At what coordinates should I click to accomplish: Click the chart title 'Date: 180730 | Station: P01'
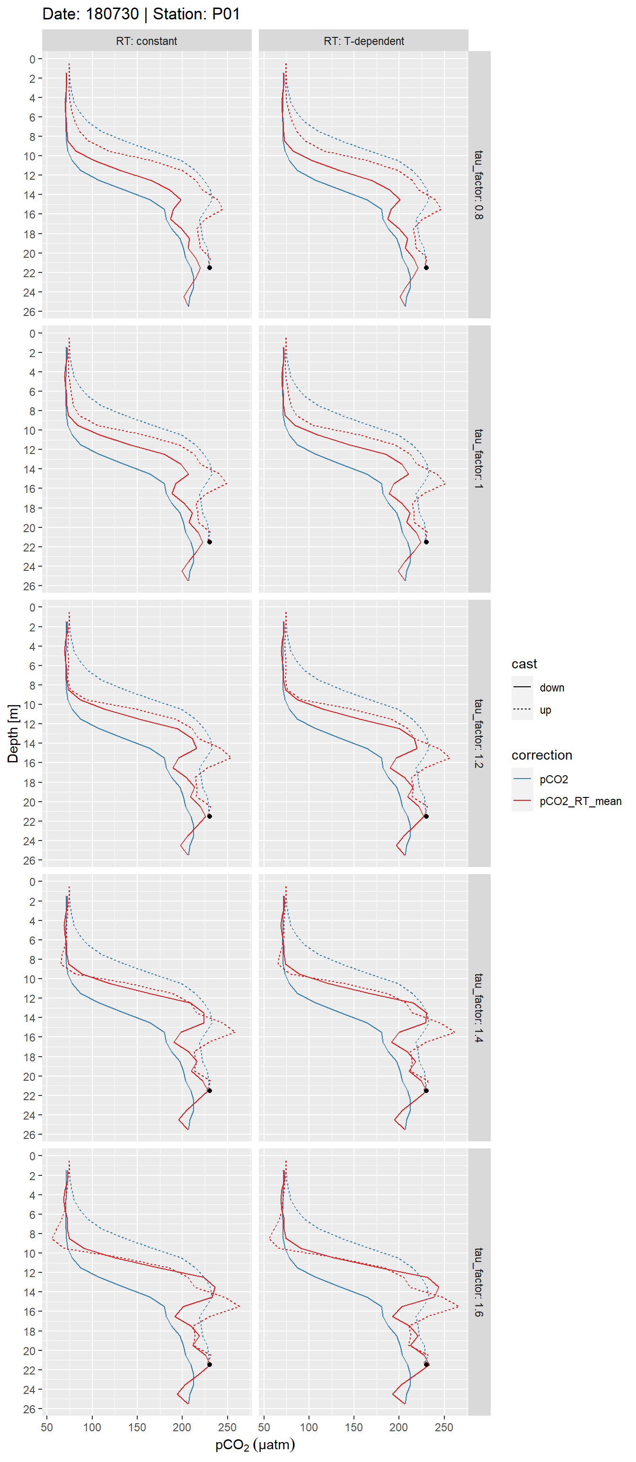pos(141,14)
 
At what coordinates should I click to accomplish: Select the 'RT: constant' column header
pos(147,41)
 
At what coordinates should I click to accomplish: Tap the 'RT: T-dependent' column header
pos(363,41)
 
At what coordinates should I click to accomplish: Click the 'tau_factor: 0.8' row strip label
pos(479,185)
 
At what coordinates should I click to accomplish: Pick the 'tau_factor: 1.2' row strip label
pos(479,733)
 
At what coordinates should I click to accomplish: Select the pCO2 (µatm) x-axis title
pos(255,1444)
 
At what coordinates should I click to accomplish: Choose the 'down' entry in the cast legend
pos(551,687)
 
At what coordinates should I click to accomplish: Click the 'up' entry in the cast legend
pos(545,710)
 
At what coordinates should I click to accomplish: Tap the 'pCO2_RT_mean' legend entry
pos(580,801)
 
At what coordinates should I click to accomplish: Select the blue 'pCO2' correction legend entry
pos(553,779)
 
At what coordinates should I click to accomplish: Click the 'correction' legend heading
pos(541,755)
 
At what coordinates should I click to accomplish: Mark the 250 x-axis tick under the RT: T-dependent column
pos(443,1427)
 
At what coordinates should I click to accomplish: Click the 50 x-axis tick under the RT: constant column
pos(47,1427)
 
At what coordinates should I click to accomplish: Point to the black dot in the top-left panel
pos(210,267)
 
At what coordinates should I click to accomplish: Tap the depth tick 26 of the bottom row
pos(29,1409)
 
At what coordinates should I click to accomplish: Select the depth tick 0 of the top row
pos(32,59)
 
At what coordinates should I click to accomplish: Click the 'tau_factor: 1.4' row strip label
pos(479,1007)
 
